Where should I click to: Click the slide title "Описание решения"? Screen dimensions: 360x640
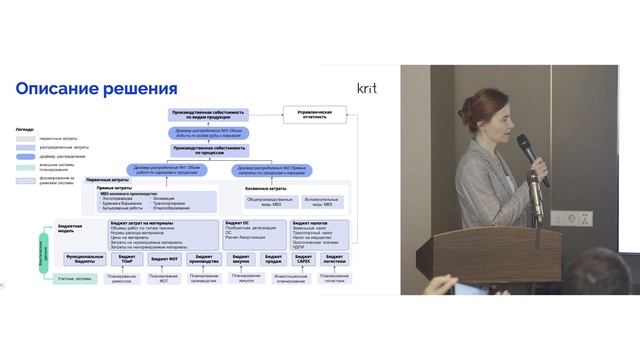tap(96, 89)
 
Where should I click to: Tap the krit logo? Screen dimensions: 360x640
tap(367, 88)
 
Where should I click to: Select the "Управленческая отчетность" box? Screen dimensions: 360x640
tap(314, 115)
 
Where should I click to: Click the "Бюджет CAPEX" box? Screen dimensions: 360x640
tap(300, 258)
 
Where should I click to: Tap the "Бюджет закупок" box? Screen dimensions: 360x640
tap(240, 258)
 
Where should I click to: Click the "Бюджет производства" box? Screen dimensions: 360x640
tap(204, 258)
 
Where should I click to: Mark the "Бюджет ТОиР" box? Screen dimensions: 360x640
tap(127, 258)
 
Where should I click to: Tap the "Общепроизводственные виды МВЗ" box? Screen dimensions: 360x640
tap(268, 201)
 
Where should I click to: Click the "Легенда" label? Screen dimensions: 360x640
tap(24, 129)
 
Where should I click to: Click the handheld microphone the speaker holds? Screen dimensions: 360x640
tap(527, 151)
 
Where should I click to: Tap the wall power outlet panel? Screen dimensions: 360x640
tap(577, 217)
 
